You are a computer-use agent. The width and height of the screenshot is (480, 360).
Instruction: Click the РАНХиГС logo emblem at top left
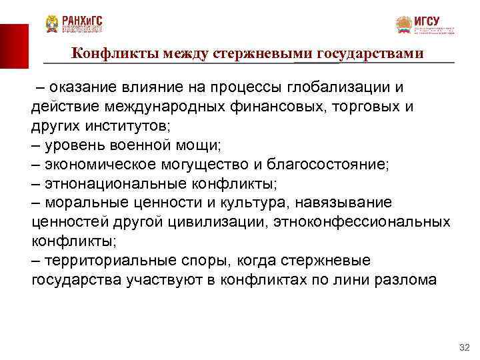pos(52,24)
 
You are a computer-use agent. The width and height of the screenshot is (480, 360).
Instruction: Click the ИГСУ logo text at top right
pos(427,21)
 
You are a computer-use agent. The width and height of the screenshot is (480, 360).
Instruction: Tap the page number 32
pos(465,348)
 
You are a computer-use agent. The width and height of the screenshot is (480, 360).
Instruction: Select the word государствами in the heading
pos(370,53)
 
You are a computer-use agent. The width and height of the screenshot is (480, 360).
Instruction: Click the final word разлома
pos(407,279)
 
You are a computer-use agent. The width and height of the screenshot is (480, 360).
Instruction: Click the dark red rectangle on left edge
pos(14,45)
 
